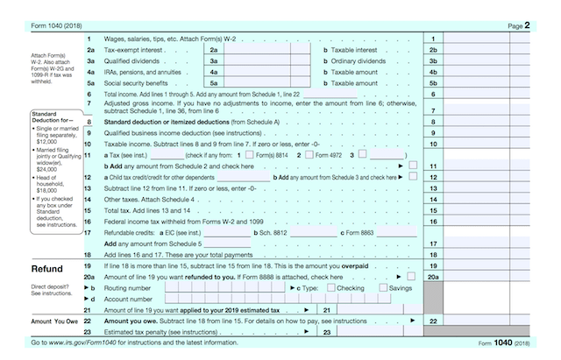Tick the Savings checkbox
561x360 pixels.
[382, 288]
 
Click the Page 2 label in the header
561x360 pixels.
[520, 27]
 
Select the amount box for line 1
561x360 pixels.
[486, 40]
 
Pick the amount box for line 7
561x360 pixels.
[486, 109]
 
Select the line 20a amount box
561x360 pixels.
[486, 277]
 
